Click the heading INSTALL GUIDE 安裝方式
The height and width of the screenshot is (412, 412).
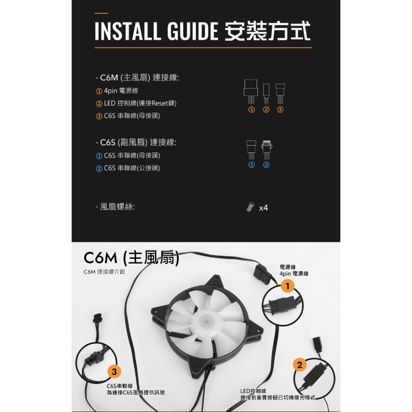[x=202, y=32]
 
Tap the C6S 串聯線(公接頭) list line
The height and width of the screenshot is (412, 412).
[x=128, y=168]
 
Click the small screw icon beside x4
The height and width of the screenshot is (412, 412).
[x=250, y=207]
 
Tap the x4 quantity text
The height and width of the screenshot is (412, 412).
[x=263, y=208]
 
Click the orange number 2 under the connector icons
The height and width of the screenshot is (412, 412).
[x=266, y=110]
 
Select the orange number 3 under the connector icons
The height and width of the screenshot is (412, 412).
[x=280, y=110]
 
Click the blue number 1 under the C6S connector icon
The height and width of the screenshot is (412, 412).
[x=251, y=165]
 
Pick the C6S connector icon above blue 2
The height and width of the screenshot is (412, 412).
[x=266, y=149]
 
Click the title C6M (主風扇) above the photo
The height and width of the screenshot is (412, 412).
[x=131, y=259]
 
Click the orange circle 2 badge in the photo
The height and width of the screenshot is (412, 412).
[x=300, y=365]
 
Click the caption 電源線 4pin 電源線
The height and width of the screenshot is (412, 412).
[x=294, y=270]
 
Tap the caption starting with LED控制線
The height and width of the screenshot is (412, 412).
[x=278, y=394]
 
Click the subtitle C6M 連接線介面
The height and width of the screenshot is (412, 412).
[x=104, y=272]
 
